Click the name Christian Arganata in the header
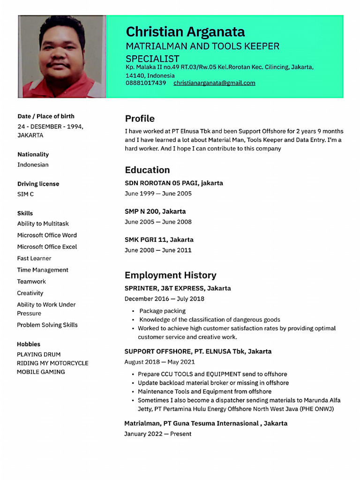pos(185,32)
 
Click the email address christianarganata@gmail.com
pos(214,83)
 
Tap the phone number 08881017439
pos(145,83)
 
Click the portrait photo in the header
pos(62,56)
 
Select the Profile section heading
pos(139,119)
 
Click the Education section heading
pos(147,170)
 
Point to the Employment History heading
pos(170,275)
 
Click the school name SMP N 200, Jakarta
pos(155,211)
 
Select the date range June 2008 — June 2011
pos(158,250)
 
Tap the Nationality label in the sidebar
pos(33,154)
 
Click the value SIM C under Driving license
pos(25,194)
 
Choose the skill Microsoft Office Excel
pos(47,247)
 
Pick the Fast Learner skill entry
pos(34,258)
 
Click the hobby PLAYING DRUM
pos(38,354)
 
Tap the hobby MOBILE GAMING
pos(41,372)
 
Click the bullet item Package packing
pos(162,311)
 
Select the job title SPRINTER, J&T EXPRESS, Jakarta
pos(178,288)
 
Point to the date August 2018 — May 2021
pos(159,362)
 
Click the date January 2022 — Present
pos(157,434)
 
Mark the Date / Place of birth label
pos(45,116)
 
